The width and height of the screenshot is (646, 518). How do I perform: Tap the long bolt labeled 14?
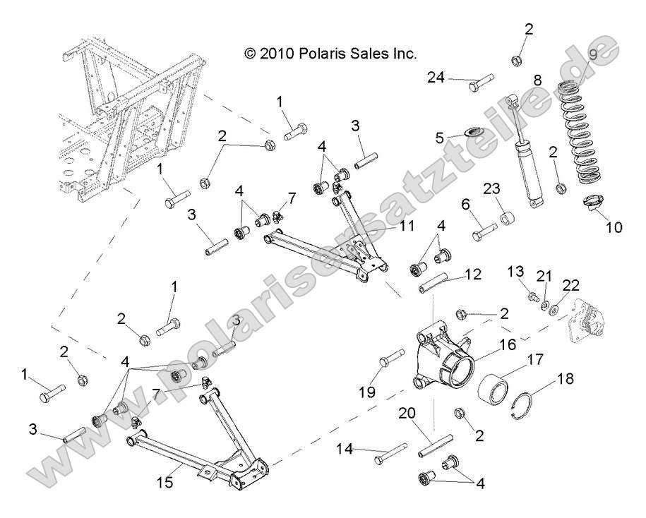tap(388, 452)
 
